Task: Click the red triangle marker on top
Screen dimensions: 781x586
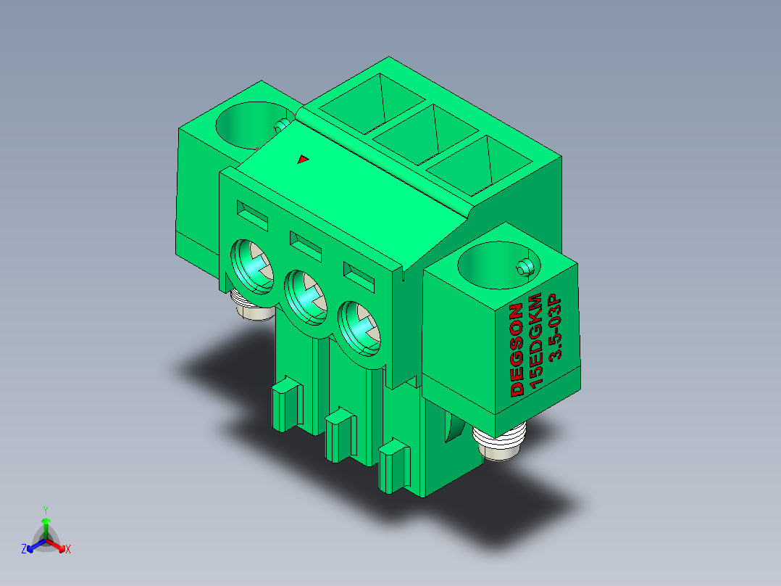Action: [303, 159]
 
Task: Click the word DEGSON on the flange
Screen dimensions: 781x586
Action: [517, 350]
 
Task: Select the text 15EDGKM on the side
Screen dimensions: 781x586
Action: [535, 340]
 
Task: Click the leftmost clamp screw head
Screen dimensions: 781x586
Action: [252, 267]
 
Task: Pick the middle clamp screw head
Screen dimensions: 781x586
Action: [305, 298]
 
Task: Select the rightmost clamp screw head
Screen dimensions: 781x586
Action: [359, 329]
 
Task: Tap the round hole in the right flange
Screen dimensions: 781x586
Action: [498, 265]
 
